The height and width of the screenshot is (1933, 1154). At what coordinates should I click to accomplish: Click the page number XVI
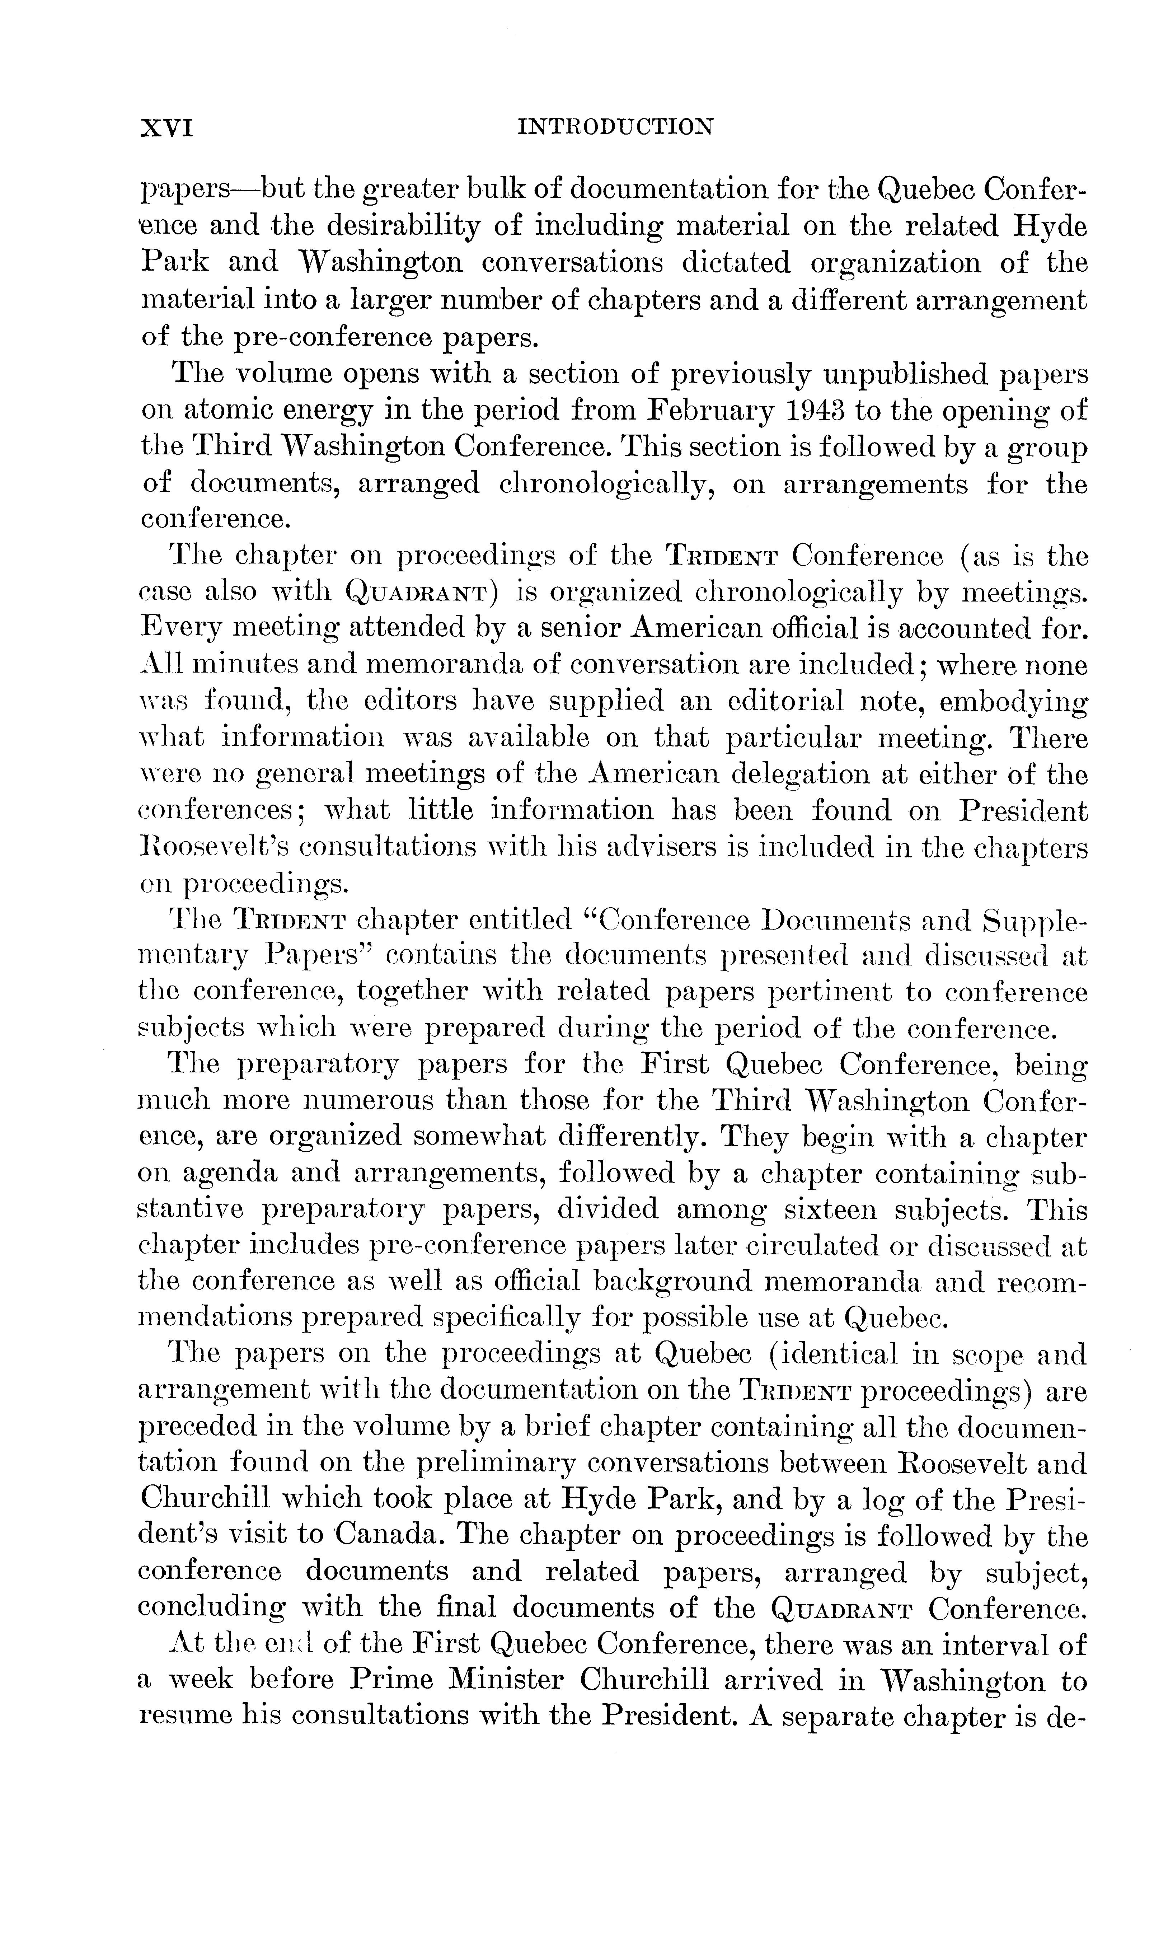click(166, 127)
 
